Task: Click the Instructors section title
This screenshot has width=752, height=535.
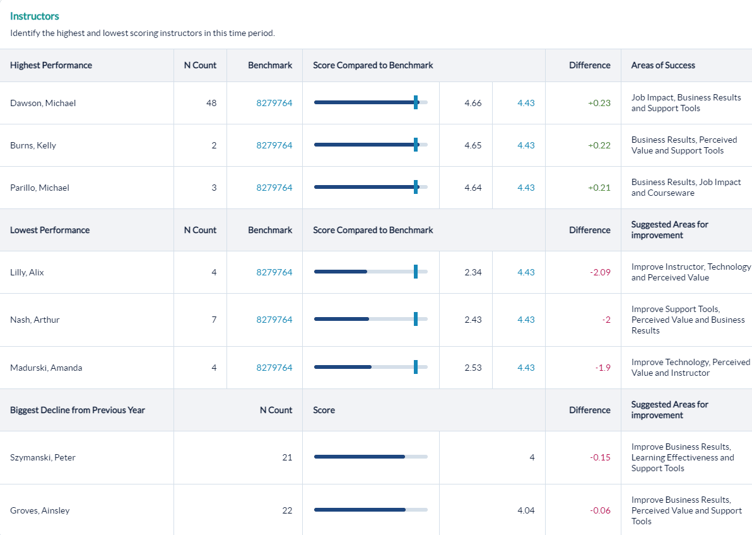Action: pyautogui.click(x=35, y=16)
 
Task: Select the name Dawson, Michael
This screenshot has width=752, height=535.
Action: pyautogui.click(x=43, y=103)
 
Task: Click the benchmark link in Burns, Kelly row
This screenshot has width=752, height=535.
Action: pyautogui.click(x=274, y=145)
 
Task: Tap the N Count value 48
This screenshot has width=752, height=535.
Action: pyautogui.click(x=211, y=103)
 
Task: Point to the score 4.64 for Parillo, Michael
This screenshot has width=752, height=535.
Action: pyautogui.click(x=473, y=188)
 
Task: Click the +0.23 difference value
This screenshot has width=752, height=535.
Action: pyautogui.click(x=599, y=103)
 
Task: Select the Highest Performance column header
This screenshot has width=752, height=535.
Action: pyautogui.click(x=51, y=65)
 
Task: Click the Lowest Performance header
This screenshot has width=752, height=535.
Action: pyautogui.click(x=50, y=230)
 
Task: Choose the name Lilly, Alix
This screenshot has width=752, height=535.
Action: pyautogui.click(x=27, y=272)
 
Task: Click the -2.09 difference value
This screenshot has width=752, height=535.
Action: pyautogui.click(x=600, y=272)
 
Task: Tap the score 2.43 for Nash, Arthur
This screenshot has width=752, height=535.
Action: pyautogui.click(x=473, y=320)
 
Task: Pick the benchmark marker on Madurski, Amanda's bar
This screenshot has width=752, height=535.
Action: pyautogui.click(x=416, y=368)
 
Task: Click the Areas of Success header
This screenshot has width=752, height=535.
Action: pyautogui.click(x=663, y=65)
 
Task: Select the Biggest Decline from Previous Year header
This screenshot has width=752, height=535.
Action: pyautogui.click(x=78, y=410)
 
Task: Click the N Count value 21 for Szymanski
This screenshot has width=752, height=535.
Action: pyautogui.click(x=287, y=457)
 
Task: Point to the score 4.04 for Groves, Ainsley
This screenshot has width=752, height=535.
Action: pyautogui.click(x=526, y=510)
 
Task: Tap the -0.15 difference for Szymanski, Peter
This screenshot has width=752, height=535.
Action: pyautogui.click(x=600, y=457)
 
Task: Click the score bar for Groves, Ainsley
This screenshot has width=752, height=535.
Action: pyautogui.click(x=370, y=510)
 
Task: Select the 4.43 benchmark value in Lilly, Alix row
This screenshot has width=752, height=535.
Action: pyautogui.click(x=526, y=272)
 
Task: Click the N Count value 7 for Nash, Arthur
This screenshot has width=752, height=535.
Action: pyautogui.click(x=214, y=320)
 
